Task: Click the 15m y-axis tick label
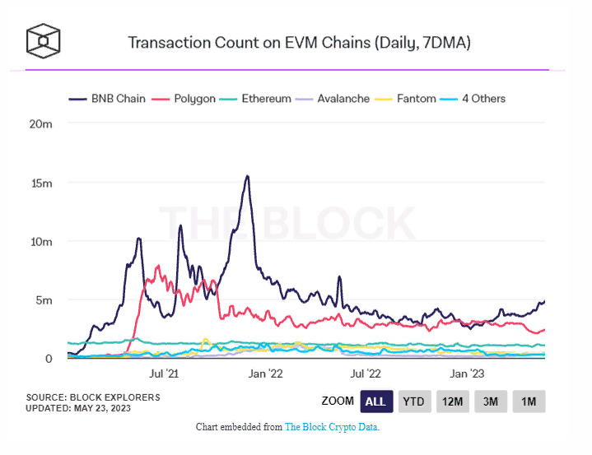(41, 183)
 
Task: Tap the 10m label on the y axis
(41, 242)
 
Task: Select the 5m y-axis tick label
(44, 300)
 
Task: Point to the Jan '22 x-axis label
(265, 373)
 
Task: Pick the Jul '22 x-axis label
(367, 373)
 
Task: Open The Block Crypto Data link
(331, 428)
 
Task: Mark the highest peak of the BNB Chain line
(247, 176)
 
